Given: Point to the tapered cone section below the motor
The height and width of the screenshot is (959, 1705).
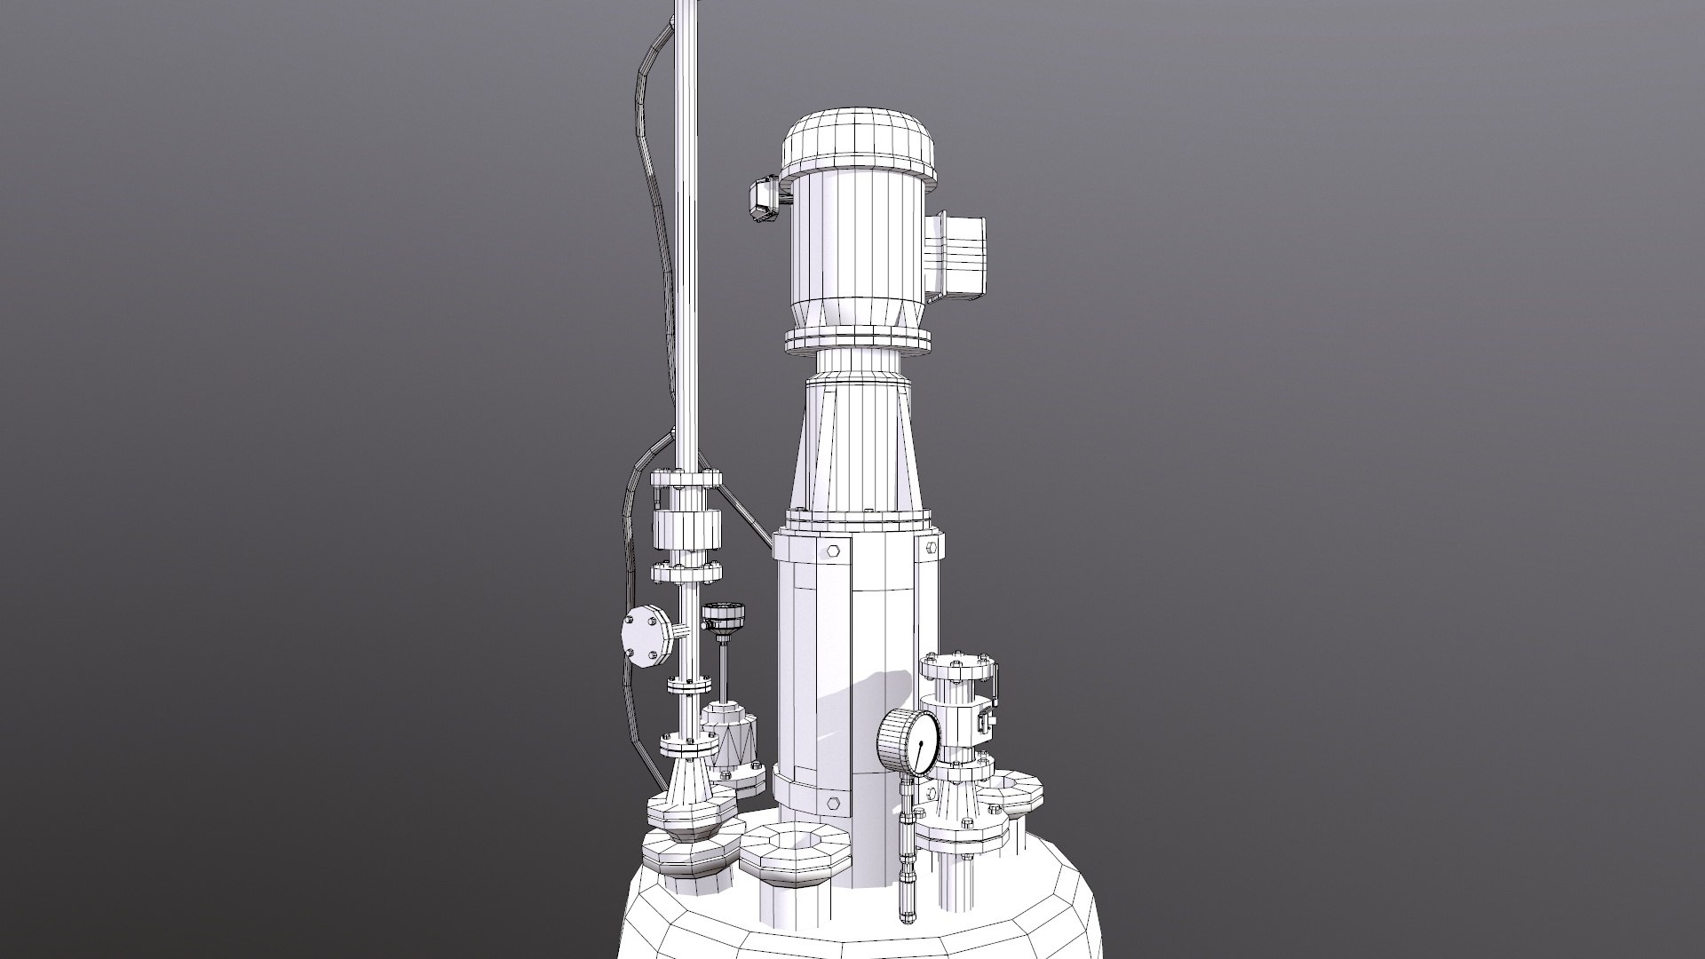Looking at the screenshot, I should click(857, 444).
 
